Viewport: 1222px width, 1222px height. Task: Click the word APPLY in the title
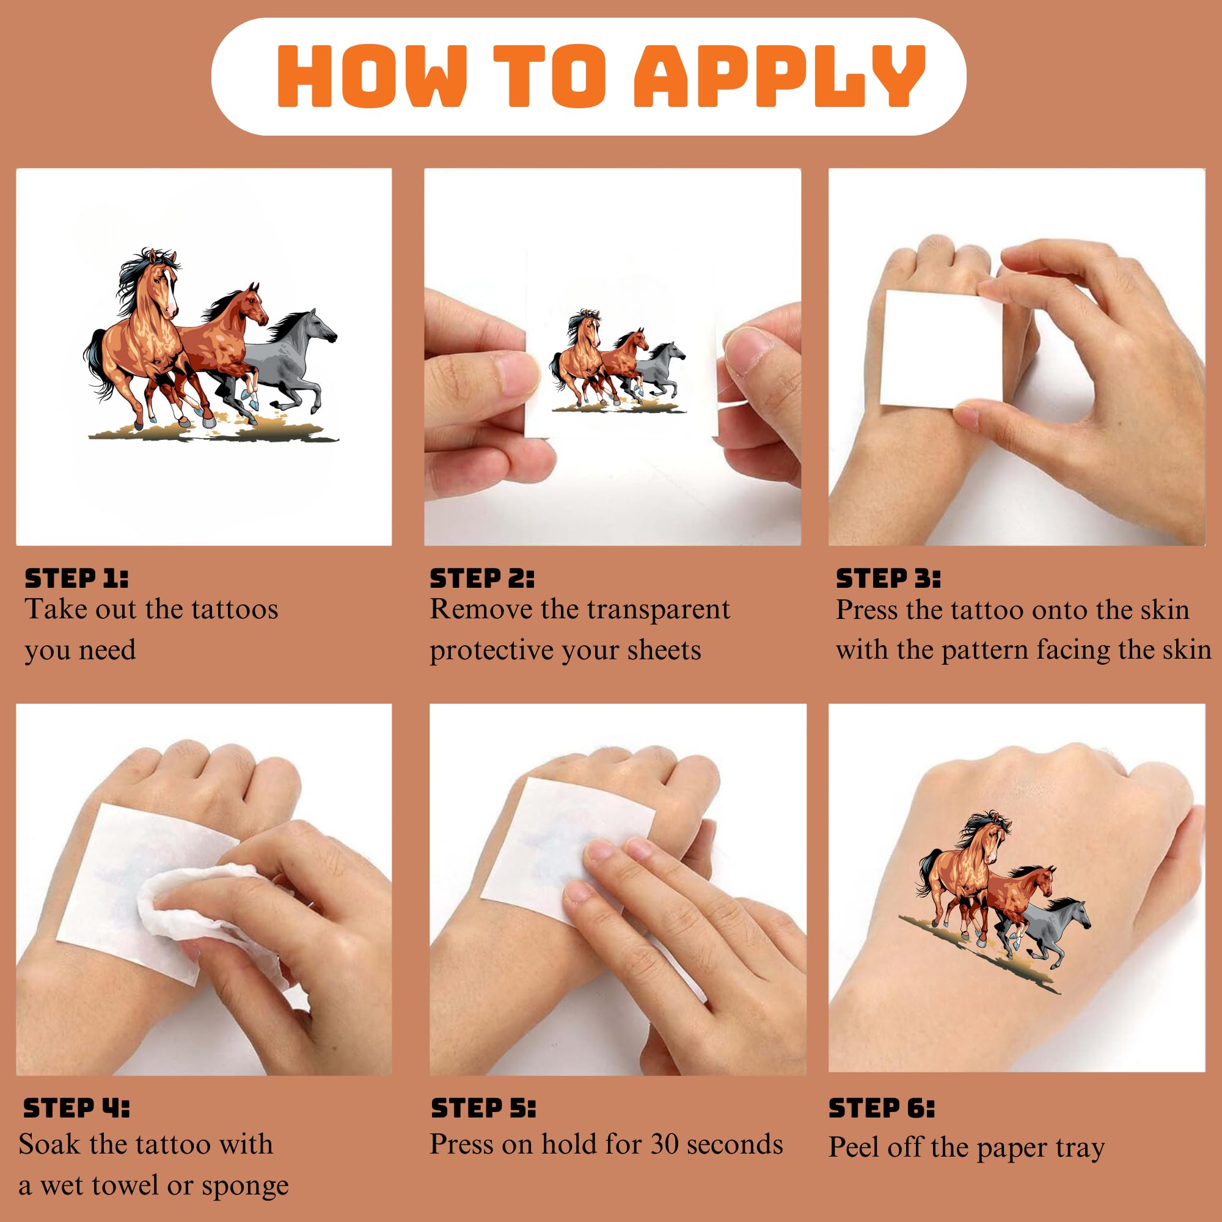779,76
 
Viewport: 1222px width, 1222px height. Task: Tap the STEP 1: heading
76,578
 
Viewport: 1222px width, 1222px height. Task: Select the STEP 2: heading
482,578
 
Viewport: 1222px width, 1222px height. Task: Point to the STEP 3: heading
888,578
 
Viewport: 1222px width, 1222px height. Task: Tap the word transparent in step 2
658,610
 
